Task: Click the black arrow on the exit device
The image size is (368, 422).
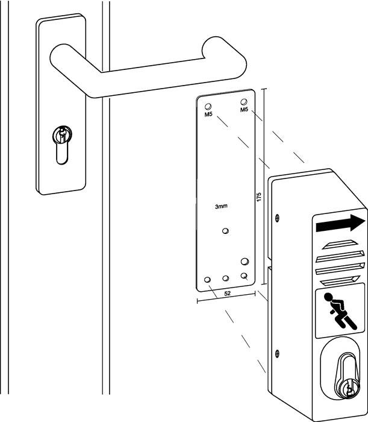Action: tap(340, 224)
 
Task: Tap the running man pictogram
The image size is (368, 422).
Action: tap(340, 311)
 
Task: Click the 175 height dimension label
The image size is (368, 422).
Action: tap(259, 197)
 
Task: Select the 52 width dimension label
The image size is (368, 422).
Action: tap(228, 294)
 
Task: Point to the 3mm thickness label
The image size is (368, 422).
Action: tap(221, 206)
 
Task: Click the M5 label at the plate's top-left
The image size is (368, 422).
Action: tap(208, 115)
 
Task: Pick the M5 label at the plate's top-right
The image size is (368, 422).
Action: tap(244, 110)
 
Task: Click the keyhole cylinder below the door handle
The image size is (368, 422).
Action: tap(62, 145)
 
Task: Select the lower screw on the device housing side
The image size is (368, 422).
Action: tap(277, 353)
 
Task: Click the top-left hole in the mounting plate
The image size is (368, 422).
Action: tap(208, 106)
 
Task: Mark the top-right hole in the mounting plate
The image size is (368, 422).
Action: tap(244, 102)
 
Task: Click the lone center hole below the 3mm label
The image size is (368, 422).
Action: tap(225, 231)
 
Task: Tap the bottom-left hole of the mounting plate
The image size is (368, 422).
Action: tap(208, 280)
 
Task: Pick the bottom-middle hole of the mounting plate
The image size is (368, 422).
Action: tap(226, 278)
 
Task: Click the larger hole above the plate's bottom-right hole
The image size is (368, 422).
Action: tap(245, 261)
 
